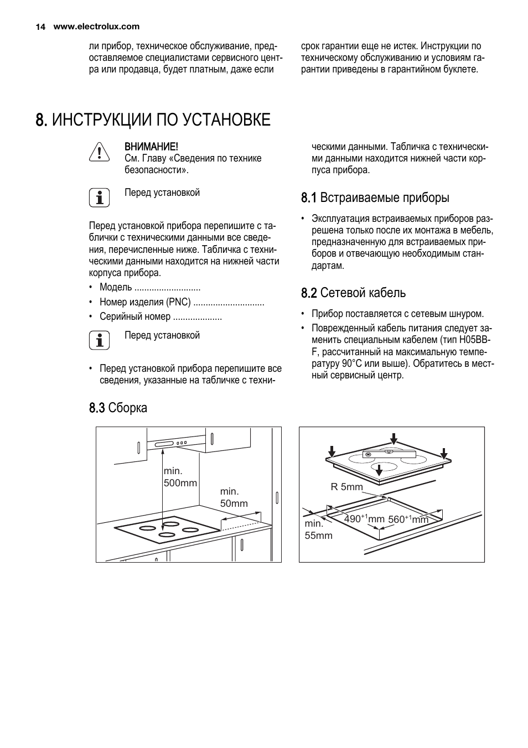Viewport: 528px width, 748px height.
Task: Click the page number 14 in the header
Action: point(40,27)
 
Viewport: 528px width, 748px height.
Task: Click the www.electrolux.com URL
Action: point(96,27)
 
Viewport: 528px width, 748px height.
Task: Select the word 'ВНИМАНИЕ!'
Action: point(151,147)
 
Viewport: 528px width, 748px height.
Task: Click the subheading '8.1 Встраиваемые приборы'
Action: point(375,198)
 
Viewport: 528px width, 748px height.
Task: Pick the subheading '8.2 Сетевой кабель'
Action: point(353,293)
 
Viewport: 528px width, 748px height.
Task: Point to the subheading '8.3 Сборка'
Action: point(118,408)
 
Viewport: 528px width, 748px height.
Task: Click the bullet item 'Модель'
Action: point(116,287)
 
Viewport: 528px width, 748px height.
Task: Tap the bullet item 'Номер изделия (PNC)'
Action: point(145,302)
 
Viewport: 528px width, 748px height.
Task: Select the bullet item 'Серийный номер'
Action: point(135,317)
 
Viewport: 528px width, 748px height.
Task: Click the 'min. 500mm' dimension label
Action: point(180,477)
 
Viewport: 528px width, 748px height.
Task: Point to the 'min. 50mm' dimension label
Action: point(234,497)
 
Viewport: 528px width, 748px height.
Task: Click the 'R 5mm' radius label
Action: point(346,487)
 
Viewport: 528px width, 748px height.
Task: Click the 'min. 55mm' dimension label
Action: point(318,529)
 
